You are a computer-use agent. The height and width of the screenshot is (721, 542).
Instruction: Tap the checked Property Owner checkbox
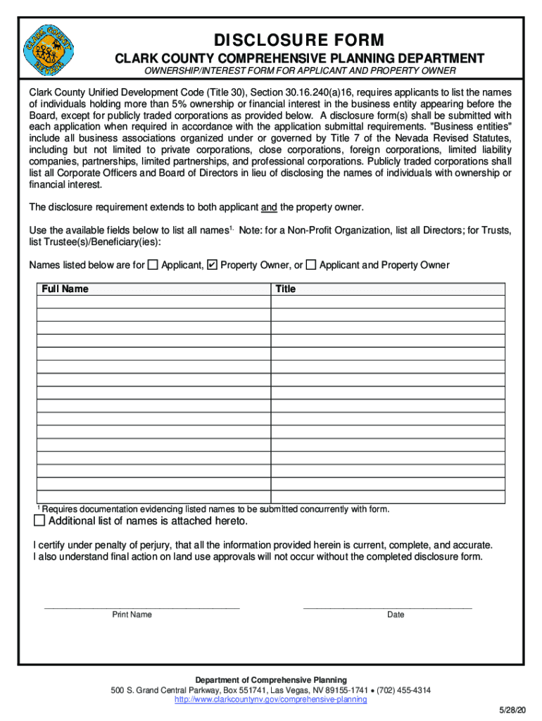(x=212, y=265)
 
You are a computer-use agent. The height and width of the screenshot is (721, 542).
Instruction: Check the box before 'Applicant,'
(x=153, y=265)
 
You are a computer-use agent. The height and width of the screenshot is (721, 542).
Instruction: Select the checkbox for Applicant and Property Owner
(x=311, y=265)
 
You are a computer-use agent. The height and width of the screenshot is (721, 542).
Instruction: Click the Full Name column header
(x=65, y=289)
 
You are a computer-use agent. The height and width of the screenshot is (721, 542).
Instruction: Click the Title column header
(x=285, y=289)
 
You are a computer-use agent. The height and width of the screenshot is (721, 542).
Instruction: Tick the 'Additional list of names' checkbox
(x=39, y=521)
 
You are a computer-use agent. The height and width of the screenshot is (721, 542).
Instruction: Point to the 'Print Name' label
(x=132, y=615)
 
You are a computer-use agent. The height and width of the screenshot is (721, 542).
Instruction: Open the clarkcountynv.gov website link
(x=270, y=700)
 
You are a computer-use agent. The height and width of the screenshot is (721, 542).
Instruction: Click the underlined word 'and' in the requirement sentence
(x=269, y=207)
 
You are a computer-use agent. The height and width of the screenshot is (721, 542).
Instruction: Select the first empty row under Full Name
(x=153, y=302)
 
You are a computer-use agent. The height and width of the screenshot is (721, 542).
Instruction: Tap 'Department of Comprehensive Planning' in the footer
(x=271, y=680)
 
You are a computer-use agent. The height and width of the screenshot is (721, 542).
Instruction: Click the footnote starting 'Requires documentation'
(x=215, y=509)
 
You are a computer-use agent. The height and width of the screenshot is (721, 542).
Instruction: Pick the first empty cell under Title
(x=388, y=302)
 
